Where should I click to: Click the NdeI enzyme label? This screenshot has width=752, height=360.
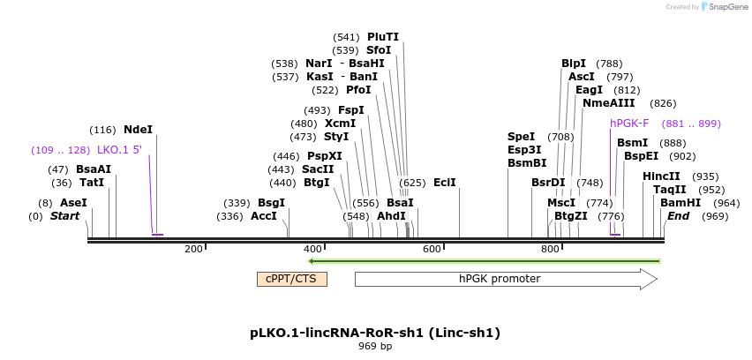[138, 129]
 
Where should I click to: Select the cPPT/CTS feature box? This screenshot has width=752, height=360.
[292, 279]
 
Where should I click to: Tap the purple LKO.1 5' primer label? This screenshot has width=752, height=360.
[119, 149]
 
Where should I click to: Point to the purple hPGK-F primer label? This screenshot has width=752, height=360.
[629, 124]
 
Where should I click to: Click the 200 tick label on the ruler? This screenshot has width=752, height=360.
[194, 249]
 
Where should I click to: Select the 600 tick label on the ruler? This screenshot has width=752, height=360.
[432, 249]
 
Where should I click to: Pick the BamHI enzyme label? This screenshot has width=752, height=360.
[680, 202]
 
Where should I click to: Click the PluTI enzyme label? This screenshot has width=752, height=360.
[383, 37]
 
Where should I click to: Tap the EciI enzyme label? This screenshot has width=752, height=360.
[445, 183]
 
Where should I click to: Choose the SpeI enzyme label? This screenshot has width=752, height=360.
[521, 137]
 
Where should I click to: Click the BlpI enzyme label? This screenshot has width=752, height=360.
[574, 64]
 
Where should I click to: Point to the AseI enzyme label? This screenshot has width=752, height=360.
[73, 202]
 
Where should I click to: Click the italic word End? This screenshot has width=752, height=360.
[679, 216]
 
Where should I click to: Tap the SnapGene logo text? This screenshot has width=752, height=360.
[726, 7]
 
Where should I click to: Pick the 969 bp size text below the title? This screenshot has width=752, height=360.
[375, 347]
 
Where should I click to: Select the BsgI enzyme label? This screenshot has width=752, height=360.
[271, 202]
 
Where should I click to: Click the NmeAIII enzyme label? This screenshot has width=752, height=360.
[608, 103]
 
